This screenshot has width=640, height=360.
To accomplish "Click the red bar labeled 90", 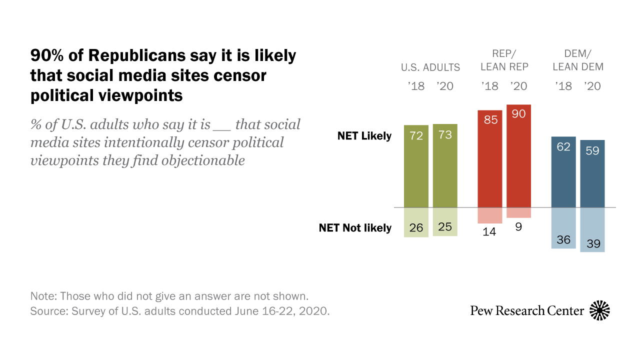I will pyautogui.click(x=518, y=156).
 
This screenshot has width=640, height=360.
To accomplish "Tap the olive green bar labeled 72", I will pyautogui.click(x=416, y=166).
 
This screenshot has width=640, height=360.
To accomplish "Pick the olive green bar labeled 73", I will pyautogui.click(x=445, y=165).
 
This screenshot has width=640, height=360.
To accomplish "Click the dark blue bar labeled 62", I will pyautogui.click(x=563, y=172).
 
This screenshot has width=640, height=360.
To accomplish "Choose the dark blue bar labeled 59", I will pyautogui.click(x=592, y=173).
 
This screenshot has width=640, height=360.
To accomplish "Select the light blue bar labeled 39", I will pyautogui.click(x=592, y=229).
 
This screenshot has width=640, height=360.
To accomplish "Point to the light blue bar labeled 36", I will pyautogui.click(x=563, y=228).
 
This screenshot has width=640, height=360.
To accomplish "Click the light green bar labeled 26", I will pyautogui.click(x=416, y=222).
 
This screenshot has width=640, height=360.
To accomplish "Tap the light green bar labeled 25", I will pyautogui.click(x=445, y=221).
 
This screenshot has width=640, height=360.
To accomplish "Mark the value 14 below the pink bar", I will pyautogui.click(x=490, y=231).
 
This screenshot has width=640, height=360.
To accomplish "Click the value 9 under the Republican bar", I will pyautogui.click(x=518, y=226).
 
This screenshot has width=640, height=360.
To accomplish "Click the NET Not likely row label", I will pyautogui.click(x=355, y=228).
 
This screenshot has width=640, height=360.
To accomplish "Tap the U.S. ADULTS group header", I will pyautogui.click(x=430, y=67).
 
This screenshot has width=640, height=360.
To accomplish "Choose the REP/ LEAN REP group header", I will pyautogui.click(x=504, y=60).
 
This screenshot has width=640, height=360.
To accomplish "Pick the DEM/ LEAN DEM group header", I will pyautogui.click(x=578, y=60).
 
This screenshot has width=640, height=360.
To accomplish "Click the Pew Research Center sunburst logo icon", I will pyautogui.click(x=599, y=310).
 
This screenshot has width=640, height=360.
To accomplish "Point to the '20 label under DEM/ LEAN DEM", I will pyautogui.click(x=592, y=86).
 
